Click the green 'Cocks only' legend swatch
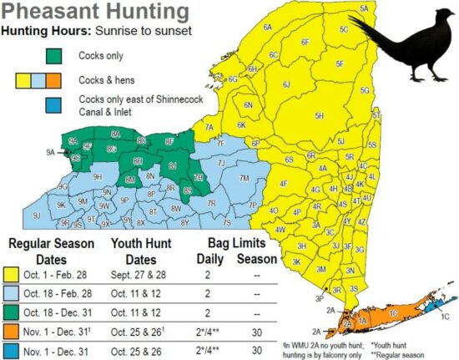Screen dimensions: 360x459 coord(54,56)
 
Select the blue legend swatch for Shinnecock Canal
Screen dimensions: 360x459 coord(54,105)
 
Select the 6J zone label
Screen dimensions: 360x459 coord(286,84)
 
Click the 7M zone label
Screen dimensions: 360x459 coord(244,178)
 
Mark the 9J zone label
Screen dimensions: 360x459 coord(36,215)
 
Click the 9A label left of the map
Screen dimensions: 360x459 coord(50,153)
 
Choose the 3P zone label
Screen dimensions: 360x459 coord(319,298)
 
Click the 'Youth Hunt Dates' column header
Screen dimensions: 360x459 coord(144,250)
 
